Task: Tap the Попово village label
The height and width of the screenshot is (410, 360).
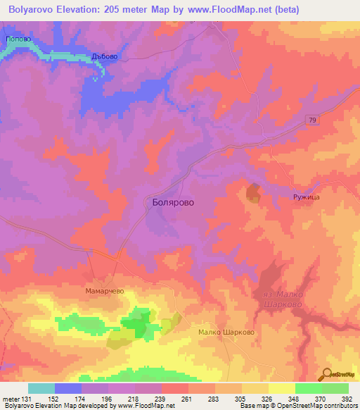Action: coord(16,40)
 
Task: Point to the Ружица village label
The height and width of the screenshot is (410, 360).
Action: coord(307,198)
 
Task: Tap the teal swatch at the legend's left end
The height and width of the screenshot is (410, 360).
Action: coord(41,388)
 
